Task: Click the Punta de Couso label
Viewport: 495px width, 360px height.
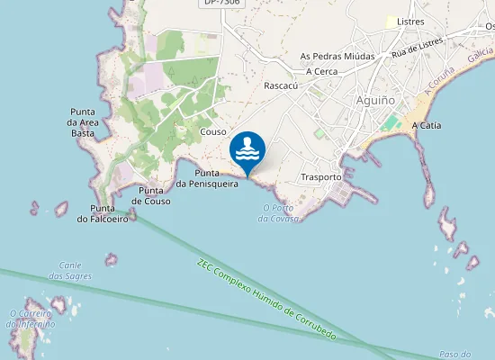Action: [151, 195]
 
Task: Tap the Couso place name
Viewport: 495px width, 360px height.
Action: [213, 131]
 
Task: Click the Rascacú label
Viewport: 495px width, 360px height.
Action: [281, 86]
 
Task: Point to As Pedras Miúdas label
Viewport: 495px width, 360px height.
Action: [337, 56]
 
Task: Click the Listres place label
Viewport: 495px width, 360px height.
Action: [409, 22]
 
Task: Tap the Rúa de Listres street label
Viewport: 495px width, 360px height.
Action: [418, 48]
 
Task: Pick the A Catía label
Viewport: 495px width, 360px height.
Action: [426, 126]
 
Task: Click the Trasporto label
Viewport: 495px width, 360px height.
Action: [321, 177]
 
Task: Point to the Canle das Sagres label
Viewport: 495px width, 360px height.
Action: [71, 270]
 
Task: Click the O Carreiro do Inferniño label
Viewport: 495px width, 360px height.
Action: [31, 319]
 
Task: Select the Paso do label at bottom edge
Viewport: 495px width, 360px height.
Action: [454, 355]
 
